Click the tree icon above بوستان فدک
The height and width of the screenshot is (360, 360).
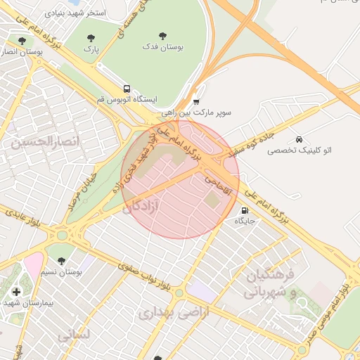(x=163, y=35)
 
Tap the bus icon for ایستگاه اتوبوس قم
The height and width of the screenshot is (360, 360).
(x=127, y=89)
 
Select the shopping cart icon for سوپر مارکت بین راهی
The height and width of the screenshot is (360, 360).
(x=196, y=101)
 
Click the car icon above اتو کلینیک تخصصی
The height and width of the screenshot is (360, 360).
(x=300, y=139)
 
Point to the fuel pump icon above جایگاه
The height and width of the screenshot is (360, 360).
(x=245, y=210)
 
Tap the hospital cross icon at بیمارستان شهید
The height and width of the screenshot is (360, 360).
(x=17, y=292)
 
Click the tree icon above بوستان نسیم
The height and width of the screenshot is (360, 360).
(x=60, y=261)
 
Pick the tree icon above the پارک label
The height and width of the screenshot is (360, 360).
(x=91, y=38)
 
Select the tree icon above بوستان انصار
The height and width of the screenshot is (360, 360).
(x=22, y=41)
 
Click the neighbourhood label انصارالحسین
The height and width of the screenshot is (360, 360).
(x=45, y=141)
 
